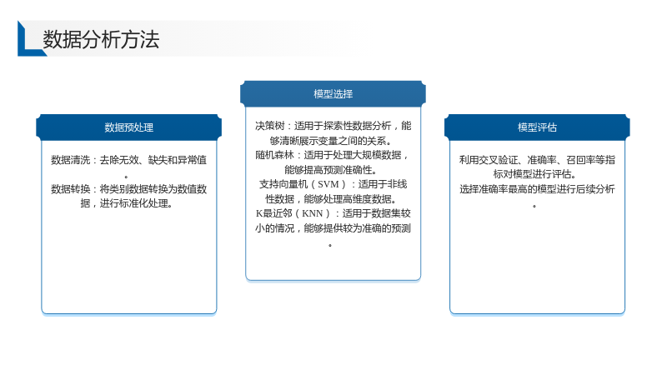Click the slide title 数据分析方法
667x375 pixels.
click(x=101, y=39)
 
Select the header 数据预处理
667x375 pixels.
click(x=129, y=127)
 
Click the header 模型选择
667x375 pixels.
click(x=333, y=94)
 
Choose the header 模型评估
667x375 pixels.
click(x=537, y=127)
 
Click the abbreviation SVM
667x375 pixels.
click(x=328, y=184)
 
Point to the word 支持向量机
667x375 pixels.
click(x=283, y=184)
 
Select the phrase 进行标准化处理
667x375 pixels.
click(x=136, y=203)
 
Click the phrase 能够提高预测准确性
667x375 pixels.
click(x=330, y=170)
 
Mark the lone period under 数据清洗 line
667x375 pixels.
click(x=126, y=177)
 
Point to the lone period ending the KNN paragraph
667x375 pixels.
click(x=330, y=245)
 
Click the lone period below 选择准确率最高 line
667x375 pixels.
click(x=534, y=206)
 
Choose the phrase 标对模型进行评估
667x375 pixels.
click(x=535, y=174)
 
